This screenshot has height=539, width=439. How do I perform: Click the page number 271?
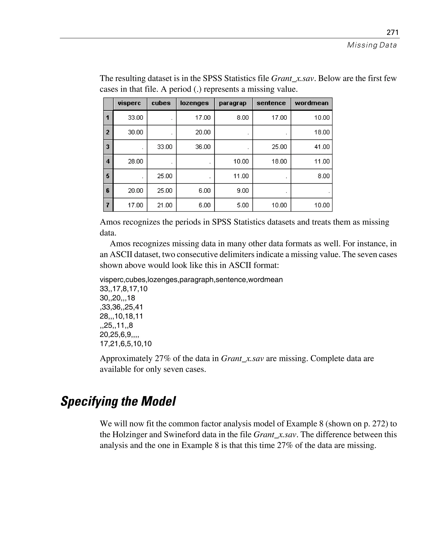[x=392, y=32]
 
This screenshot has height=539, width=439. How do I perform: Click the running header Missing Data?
[x=372, y=45]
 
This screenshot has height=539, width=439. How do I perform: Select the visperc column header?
[x=129, y=103]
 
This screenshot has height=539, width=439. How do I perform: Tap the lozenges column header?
[x=194, y=103]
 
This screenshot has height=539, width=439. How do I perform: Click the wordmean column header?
[x=311, y=103]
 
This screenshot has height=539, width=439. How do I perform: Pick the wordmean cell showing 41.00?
[x=322, y=147]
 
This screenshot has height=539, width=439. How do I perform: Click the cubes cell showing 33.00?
[x=165, y=147]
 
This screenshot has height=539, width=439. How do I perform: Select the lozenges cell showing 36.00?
[x=203, y=147]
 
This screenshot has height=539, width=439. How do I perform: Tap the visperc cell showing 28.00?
[x=135, y=161]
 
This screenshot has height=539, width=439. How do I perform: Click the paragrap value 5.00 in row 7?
[x=242, y=205]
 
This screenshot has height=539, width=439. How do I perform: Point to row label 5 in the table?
[x=108, y=176]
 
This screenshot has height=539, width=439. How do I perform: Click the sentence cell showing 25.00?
[x=279, y=147]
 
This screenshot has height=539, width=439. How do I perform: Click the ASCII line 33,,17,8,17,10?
[x=123, y=289]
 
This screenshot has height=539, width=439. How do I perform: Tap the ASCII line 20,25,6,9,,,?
[x=119, y=335]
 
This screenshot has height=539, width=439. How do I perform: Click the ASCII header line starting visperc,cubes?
[x=191, y=280]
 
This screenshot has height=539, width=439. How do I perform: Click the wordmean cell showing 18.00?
[x=322, y=132]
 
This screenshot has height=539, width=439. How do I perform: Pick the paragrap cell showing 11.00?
[x=241, y=176]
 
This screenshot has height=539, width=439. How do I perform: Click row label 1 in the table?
[x=108, y=118]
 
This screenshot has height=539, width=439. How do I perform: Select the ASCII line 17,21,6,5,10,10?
[x=126, y=344]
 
